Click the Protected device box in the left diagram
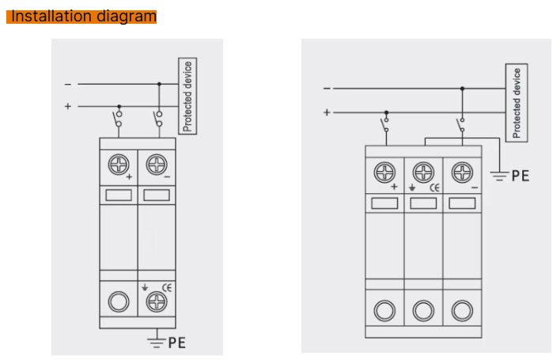tap(187, 95)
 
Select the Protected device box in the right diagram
tap(517, 103)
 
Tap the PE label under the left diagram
tap(178, 343)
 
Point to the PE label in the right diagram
tap(520, 176)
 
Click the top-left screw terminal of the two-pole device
tap(119, 165)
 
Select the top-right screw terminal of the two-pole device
tap(156, 165)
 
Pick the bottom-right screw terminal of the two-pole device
tap(156, 301)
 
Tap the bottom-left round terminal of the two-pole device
tap(119, 301)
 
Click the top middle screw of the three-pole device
tap(423, 172)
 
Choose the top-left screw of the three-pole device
tap(385, 172)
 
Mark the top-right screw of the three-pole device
tap(461, 172)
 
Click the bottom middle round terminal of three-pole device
tap(423, 310)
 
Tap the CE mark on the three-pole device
tap(434, 188)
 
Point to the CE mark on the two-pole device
tap(167, 286)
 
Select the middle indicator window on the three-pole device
tap(423, 203)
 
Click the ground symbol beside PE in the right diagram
tap(498, 175)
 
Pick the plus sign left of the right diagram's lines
tap(326, 112)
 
